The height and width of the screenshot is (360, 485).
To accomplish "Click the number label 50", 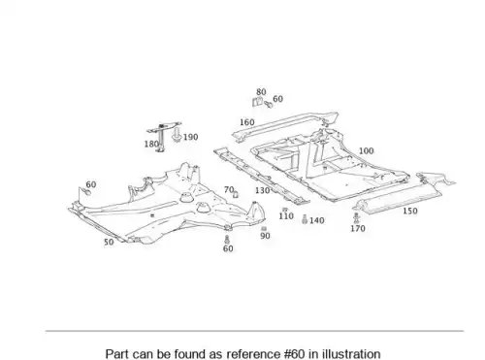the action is coord(109,242).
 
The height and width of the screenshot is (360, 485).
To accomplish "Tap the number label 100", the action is coord(367,150).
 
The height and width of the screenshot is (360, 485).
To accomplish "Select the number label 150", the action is coord(410,211).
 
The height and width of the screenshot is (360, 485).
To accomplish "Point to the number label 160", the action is coord(247,122).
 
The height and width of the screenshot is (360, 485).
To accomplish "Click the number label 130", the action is coord(262,190).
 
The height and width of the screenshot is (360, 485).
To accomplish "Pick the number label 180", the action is coord(151,144).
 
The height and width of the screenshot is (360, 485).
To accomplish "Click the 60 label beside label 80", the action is coord(278,99).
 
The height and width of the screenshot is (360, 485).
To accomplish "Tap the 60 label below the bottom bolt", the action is coord(228,248).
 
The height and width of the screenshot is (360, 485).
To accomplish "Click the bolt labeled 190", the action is coord(177,135).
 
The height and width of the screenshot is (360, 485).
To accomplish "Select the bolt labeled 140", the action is coord(304,219).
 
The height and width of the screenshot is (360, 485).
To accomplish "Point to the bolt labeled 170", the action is coord(356,218).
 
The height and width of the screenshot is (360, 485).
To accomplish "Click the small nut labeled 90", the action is coord(264,229).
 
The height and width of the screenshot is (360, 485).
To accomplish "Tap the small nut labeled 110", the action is coord(285,210).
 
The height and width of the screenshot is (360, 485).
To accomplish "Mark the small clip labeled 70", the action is coord(236,194).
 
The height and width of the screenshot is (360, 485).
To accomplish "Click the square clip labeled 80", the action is coord(257,102).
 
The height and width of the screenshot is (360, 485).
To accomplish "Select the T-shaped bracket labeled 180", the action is coord(163,136).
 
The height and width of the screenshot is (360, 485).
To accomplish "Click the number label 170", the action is coord(358,228).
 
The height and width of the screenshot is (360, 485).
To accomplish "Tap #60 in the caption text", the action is coord(295,354).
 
